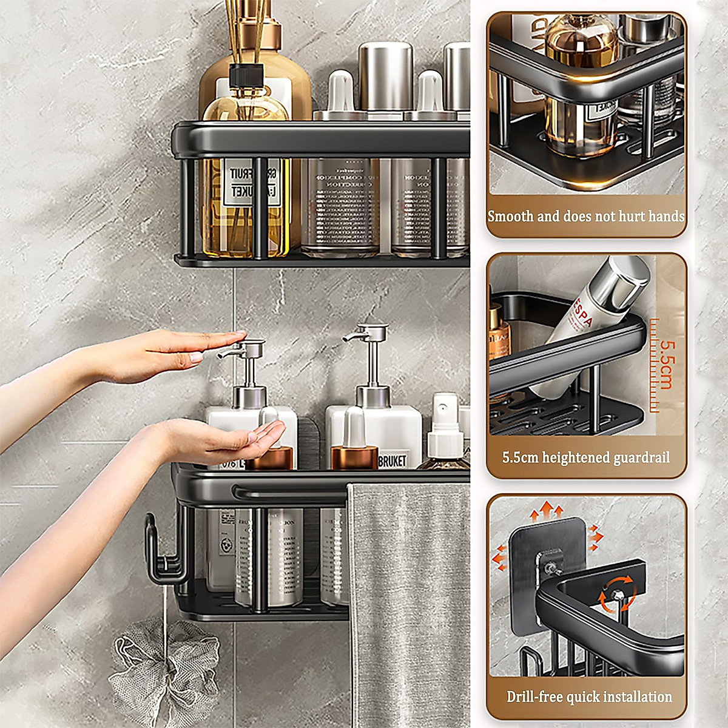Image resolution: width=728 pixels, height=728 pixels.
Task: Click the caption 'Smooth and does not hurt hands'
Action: pos(586,216)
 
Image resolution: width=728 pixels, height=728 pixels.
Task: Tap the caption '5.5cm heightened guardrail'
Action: pos(586,457)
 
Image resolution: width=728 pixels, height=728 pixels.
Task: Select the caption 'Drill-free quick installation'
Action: pos(589,696)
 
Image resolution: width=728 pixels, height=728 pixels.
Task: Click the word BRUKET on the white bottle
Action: pos(392,461)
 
